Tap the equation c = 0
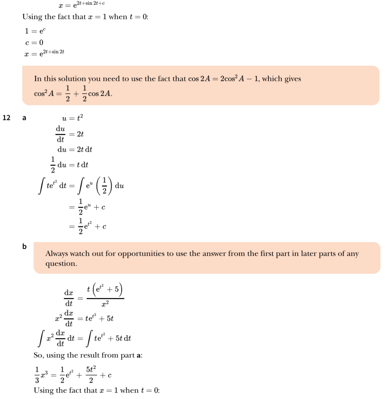tap(34, 42)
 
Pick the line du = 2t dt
tap(75, 149)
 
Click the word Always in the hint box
tap(57, 254)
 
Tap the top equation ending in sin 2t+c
tap(82, 4)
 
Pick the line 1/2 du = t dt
tap(69, 165)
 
